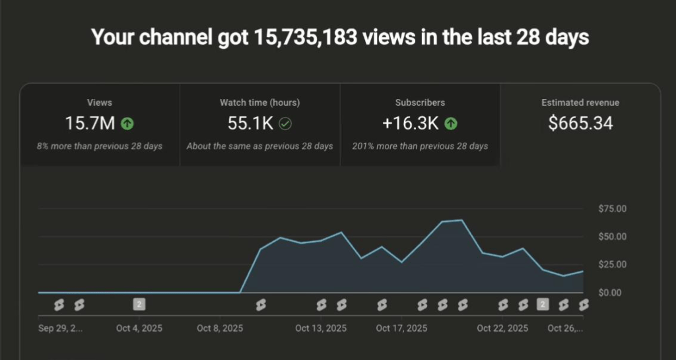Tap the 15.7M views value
point(91,123)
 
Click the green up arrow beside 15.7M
point(127,124)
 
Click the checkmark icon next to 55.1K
point(285,124)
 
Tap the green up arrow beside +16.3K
point(451,124)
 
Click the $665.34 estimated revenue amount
point(580,123)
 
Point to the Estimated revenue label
point(580,102)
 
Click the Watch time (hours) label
point(259,102)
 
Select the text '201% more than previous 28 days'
point(420,145)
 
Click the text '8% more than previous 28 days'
point(100,145)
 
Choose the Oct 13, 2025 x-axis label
point(320,328)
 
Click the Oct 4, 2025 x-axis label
point(139,328)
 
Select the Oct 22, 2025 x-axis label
point(502,328)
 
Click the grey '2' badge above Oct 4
point(139,304)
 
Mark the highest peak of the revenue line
point(461,220)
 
